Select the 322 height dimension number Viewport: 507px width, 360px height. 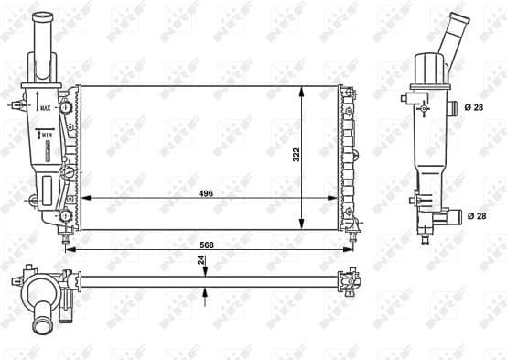296,156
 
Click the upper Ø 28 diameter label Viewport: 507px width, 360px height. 474,108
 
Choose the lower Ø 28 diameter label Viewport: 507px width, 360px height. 474,215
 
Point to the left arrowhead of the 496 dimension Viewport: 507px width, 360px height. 84,199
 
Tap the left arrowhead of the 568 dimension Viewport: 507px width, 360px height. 70,250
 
